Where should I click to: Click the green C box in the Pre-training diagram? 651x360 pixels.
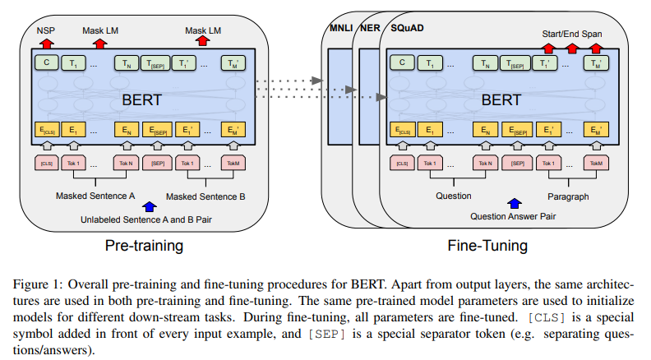(47, 62)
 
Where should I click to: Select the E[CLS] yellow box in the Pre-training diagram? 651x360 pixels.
(47, 130)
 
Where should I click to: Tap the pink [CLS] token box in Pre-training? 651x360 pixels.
(46, 163)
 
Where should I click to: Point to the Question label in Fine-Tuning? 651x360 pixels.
(454, 196)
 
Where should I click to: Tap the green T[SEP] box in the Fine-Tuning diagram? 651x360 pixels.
(516, 62)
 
